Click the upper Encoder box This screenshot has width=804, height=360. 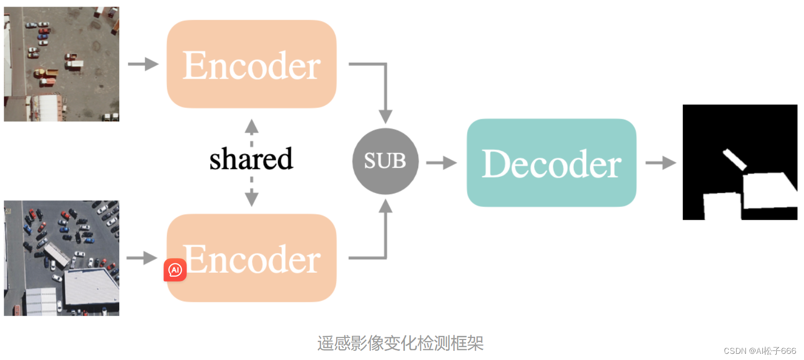click(x=251, y=64)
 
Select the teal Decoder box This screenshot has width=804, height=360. click(x=551, y=163)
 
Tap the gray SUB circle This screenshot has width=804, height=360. click(x=385, y=161)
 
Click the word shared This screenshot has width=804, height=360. click(x=251, y=159)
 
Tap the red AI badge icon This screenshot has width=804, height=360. click(x=175, y=270)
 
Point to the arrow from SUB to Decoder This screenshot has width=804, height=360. click(x=442, y=163)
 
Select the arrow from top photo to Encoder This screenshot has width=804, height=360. click(x=143, y=64)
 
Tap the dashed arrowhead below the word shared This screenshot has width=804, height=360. click(x=251, y=198)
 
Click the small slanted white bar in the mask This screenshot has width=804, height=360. click(x=735, y=159)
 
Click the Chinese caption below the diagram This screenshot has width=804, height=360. click(x=401, y=343)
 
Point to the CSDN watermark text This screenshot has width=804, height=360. click(x=760, y=351)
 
